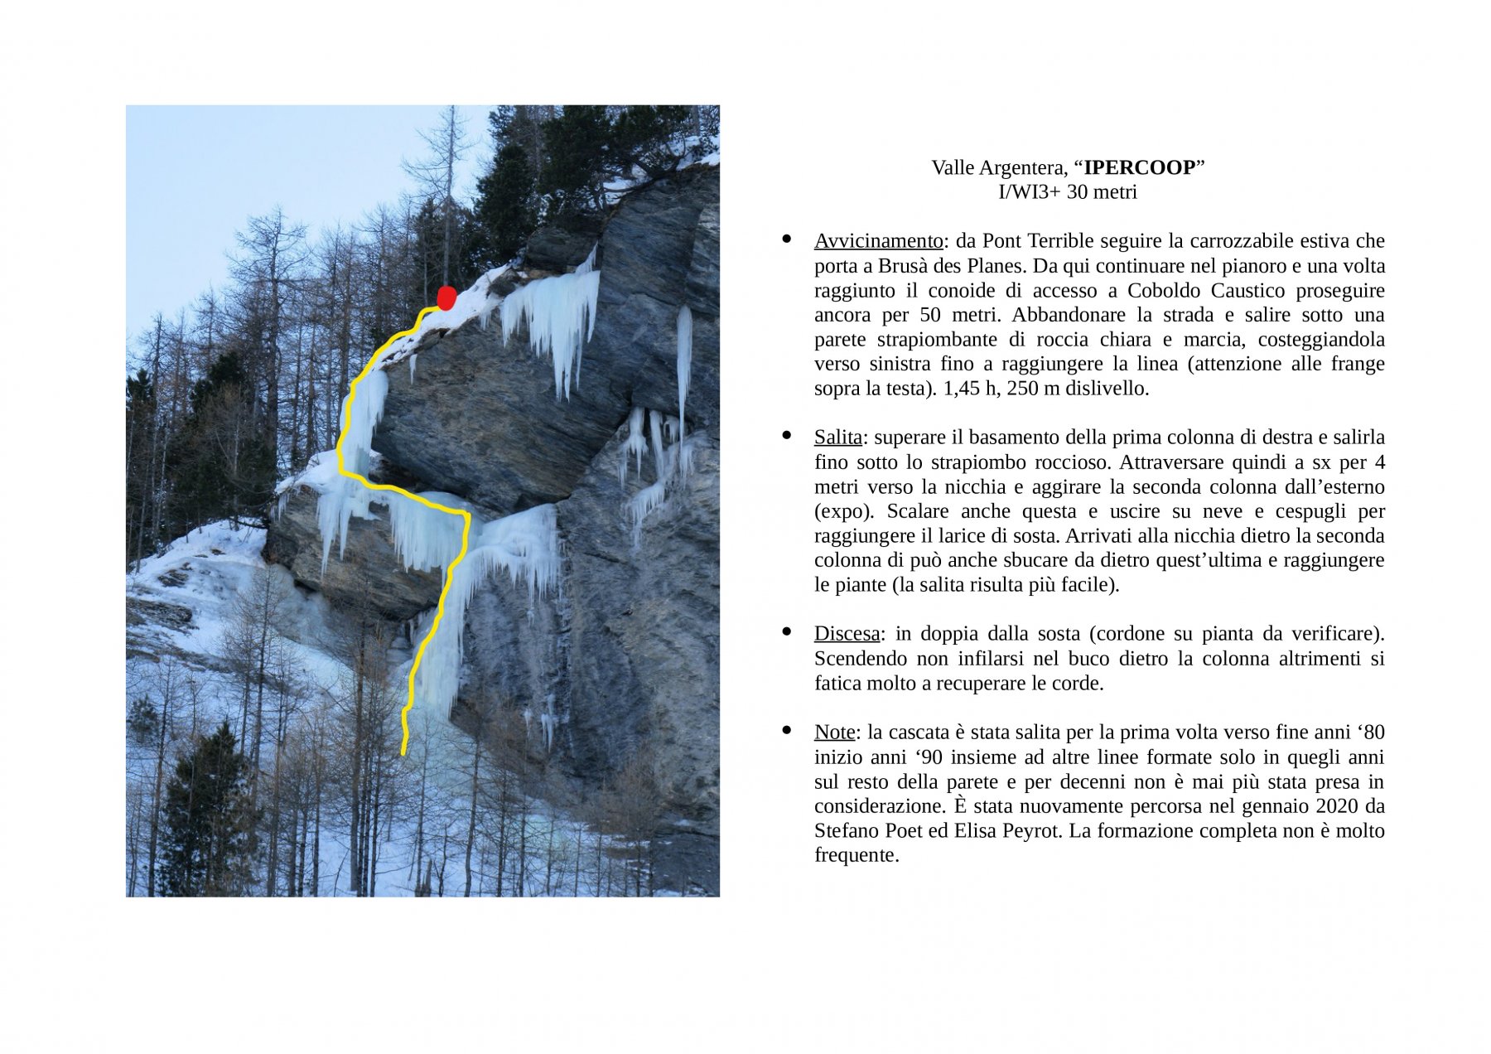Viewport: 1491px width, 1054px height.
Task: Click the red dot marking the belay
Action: (446, 298)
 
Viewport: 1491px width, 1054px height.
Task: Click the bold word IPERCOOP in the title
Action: (1139, 168)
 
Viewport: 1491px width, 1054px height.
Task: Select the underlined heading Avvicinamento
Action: (878, 241)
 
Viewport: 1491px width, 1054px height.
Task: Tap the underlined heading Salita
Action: (837, 438)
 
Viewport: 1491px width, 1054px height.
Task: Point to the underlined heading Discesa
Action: (847, 634)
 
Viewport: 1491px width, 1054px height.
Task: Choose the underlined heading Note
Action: (834, 732)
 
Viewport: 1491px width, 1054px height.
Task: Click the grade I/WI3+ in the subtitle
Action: (1030, 192)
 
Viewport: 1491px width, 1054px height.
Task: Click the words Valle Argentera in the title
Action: (997, 168)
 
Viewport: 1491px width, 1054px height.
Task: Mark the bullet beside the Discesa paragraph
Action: (787, 632)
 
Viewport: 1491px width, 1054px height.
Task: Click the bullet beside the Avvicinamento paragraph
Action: (787, 239)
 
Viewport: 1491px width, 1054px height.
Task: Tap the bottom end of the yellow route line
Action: (403, 752)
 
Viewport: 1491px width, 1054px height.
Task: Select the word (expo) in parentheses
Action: (842, 511)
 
